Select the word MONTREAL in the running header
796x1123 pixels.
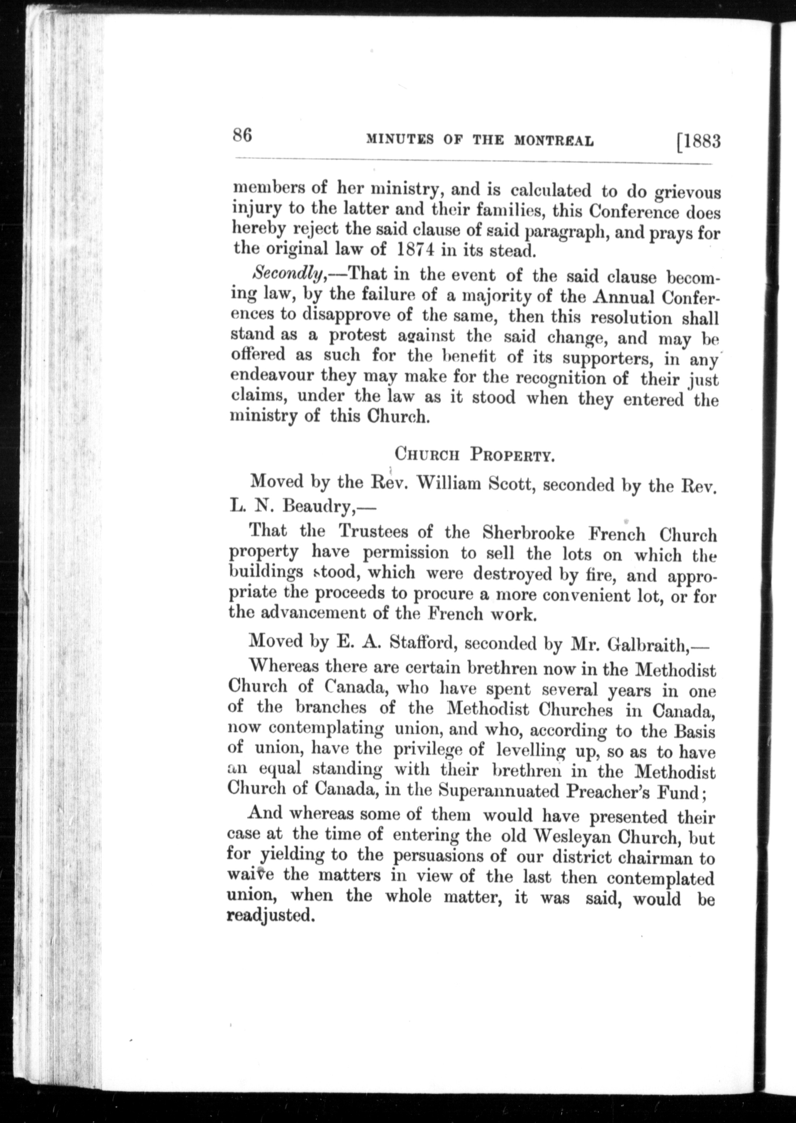click(554, 141)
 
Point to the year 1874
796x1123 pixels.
click(414, 249)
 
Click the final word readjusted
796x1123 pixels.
click(270, 915)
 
